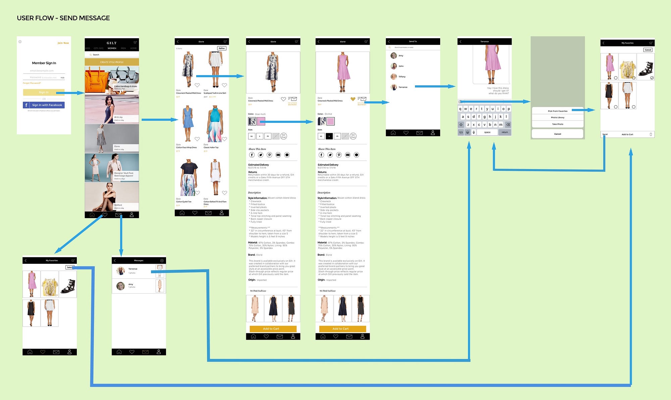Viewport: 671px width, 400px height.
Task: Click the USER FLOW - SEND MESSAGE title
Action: click(63, 18)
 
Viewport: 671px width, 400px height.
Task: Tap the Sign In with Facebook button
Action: click(44, 105)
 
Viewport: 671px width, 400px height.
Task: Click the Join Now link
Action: click(63, 43)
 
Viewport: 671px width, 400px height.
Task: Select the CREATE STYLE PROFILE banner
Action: click(112, 62)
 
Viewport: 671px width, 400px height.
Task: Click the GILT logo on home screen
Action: click(112, 43)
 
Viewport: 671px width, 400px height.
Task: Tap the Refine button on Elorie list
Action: click(222, 48)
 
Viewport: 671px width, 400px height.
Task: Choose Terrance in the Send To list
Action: click(403, 87)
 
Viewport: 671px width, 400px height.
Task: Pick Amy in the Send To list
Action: click(401, 56)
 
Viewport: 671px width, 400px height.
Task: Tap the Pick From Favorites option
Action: click(558, 111)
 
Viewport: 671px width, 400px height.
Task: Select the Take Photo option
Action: click(558, 124)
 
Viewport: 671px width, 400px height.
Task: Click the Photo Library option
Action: click(558, 117)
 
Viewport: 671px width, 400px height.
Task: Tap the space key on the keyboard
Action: click(487, 132)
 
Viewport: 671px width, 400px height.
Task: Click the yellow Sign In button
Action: click(44, 92)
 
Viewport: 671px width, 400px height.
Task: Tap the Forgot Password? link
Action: click(32, 83)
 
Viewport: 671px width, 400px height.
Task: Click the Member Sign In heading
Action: click(44, 63)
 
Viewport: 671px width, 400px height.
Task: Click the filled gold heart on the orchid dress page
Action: click(353, 99)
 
